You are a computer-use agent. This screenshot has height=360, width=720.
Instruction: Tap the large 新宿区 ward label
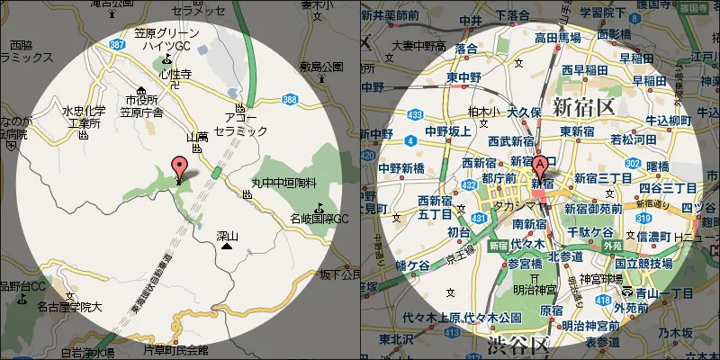pyautogui.click(x=582, y=107)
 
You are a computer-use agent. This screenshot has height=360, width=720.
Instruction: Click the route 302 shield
pyautogui.click(x=633, y=163)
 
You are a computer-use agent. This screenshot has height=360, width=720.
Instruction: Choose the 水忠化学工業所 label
pyautogui.click(x=84, y=117)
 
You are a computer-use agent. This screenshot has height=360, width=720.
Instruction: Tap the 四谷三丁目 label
pyautogui.click(x=668, y=188)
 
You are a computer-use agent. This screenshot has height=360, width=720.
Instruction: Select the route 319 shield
pyautogui.click(x=643, y=217)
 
